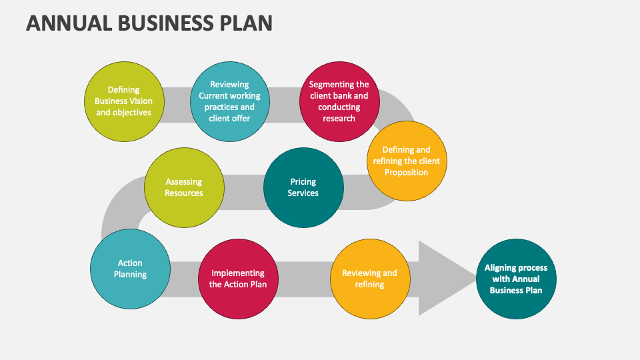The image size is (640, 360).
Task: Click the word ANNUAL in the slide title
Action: click(x=69, y=23)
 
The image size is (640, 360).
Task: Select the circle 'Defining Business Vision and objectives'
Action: click(x=124, y=101)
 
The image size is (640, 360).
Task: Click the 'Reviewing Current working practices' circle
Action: click(x=229, y=101)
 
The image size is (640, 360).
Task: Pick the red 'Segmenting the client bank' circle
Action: click(x=339, y=101)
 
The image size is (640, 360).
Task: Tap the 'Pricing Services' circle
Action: click(x=303, y=187)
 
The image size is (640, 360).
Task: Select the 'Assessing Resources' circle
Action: click(x=184, y=187)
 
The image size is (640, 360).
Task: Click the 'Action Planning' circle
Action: click(x=130, y=269)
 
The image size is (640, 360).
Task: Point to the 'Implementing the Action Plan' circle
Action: click(x=238, y=279)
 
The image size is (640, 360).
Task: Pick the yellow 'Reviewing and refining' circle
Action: click(x=369, y=279)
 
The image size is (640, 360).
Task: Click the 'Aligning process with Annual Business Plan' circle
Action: click(x=516, y=279)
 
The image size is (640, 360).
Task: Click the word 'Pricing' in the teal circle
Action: click(x=303, y=181)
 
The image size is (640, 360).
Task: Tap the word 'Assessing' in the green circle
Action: click(x=184, y=181)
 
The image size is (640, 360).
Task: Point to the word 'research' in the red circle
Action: click(x=339, y=118)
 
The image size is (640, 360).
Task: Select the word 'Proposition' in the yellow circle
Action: click(x=406, y=172)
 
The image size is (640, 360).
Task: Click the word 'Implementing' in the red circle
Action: click(x=238, y=273)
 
